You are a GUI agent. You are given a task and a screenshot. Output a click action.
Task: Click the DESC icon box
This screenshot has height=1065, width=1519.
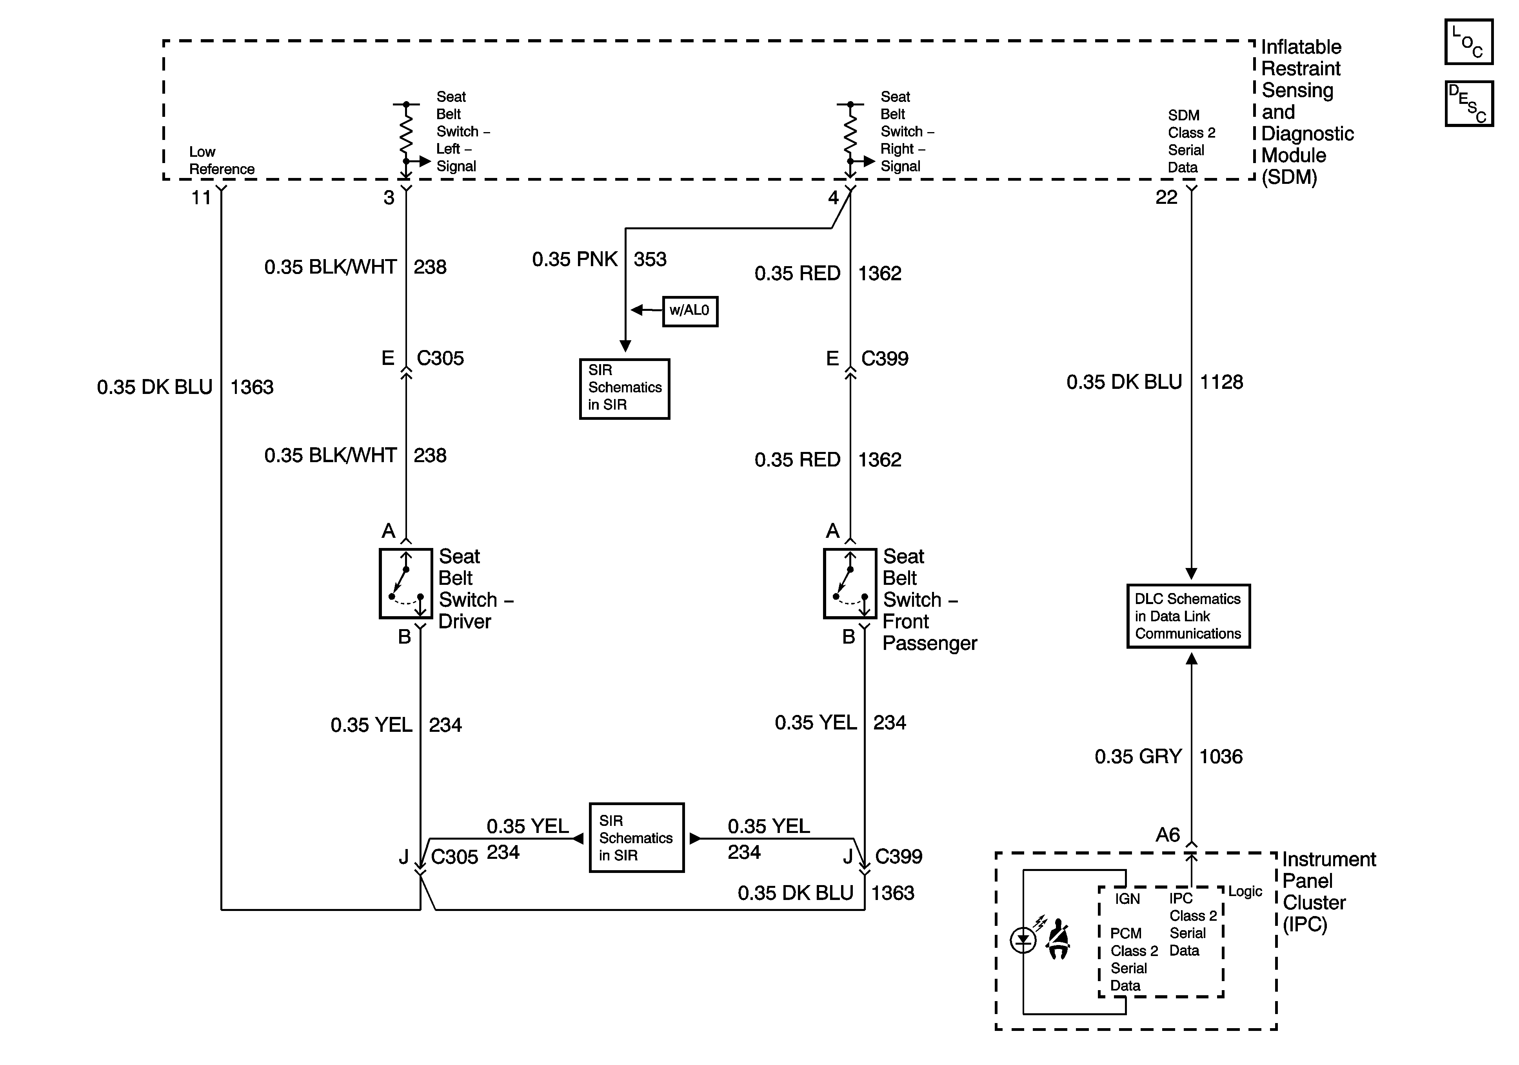tap(1469, 103)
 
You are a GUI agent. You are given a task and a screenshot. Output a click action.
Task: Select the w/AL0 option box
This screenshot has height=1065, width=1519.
tap(690, 311)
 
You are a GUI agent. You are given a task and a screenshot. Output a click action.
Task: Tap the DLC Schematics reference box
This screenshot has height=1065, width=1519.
tap(1188, 616)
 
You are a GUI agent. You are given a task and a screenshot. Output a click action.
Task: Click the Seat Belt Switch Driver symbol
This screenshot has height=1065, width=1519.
tap(405, 583)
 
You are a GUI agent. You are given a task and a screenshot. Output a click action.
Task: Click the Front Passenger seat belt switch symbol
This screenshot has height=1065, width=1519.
tap(850, 583)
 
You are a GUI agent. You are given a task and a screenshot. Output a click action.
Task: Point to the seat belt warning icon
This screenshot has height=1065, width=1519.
tap(1057, 939)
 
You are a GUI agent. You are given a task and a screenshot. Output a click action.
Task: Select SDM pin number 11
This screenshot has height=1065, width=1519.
tap(201, 197)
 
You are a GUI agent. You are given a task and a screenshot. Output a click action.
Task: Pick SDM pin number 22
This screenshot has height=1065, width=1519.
tap(1167, 197)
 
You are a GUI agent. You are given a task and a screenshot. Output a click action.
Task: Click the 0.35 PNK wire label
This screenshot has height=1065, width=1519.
tap(575, 259)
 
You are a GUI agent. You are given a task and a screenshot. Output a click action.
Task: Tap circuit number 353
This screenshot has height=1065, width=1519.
tap(650, 259)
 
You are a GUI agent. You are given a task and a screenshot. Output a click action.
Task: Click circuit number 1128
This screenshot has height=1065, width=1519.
tap(1221, 382)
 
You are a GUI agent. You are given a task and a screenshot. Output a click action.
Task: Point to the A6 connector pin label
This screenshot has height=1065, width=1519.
tap(1168, 835)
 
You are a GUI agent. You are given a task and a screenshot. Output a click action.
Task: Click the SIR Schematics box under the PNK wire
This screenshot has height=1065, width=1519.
tap(625, 389)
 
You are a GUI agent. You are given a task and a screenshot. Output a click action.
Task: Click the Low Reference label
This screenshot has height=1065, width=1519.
tap(222, 161)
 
